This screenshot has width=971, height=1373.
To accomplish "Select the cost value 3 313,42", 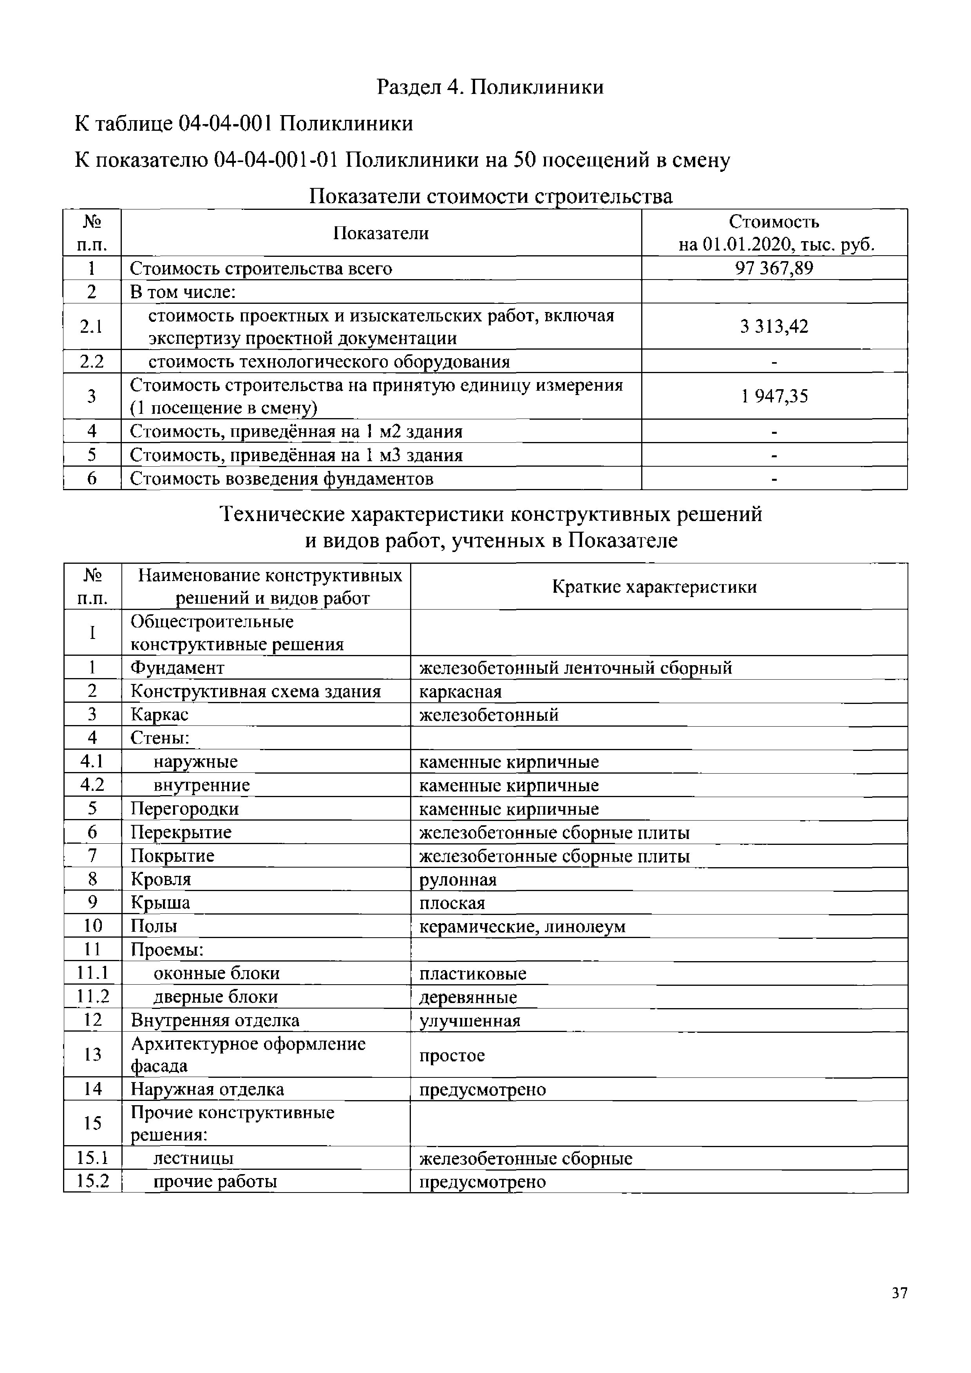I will pos(774,327).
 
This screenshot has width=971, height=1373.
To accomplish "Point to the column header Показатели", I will pos(380,233).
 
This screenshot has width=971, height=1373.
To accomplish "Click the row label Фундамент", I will pos(177,668).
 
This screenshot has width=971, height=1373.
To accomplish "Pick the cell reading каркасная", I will pos(460,691).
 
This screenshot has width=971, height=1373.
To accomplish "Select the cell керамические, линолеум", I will pos(522,926).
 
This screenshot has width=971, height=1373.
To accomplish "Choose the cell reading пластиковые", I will pos(473,974).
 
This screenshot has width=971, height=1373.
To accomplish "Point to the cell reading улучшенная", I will pos(470,1021).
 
